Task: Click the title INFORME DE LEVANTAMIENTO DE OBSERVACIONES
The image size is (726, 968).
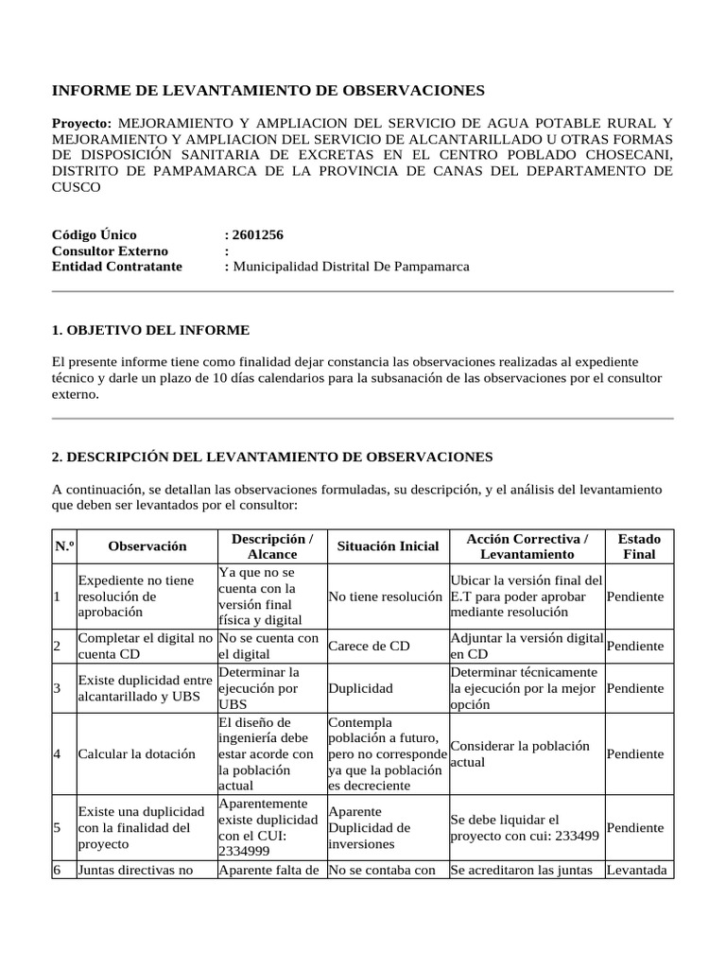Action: (268, 91)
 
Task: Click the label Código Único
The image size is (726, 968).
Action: (95, 234)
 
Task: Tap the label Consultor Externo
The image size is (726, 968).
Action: (110, 251)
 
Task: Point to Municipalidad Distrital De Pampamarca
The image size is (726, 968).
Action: (351, 267)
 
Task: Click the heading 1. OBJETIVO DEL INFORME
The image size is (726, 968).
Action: (151, 330)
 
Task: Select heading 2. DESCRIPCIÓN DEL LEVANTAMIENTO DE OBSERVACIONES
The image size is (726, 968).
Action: (272, 457)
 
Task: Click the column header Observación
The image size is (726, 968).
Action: (147, 546)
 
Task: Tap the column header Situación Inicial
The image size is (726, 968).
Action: (388, 546)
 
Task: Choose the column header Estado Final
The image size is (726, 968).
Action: (639, 546)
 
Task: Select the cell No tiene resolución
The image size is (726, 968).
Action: (386, 596)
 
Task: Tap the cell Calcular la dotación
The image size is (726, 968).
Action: (136, 754)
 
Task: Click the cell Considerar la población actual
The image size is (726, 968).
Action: (520, 753)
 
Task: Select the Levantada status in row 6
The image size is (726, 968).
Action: (638, 870)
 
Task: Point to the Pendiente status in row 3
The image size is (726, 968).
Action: (635, 689)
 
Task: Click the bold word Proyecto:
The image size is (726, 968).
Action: (82, 124)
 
